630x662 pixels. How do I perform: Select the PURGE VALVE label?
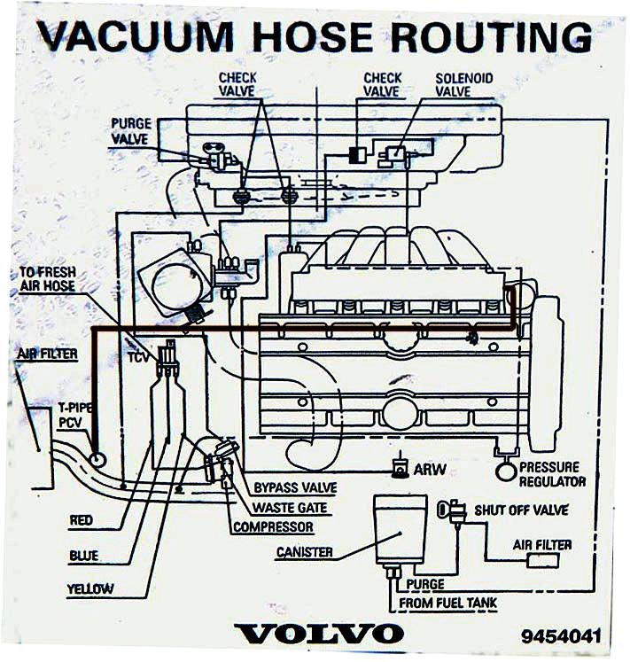(130, 130)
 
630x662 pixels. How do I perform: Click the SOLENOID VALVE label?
(463, 84)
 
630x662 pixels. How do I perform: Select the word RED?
(81, 521)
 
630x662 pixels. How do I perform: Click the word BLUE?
(83, 556)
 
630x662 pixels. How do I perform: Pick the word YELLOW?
(89, 588)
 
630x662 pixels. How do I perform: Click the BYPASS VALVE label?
(294, 487)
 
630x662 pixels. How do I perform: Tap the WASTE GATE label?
(289, 508)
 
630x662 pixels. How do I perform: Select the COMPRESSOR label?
(274, 527)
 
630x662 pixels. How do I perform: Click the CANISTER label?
(304, 551)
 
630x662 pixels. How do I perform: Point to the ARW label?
(430, 468)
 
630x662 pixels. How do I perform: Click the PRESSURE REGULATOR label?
(551, 474)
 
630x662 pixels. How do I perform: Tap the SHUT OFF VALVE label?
(521, 510)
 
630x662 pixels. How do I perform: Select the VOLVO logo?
(318, 634)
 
